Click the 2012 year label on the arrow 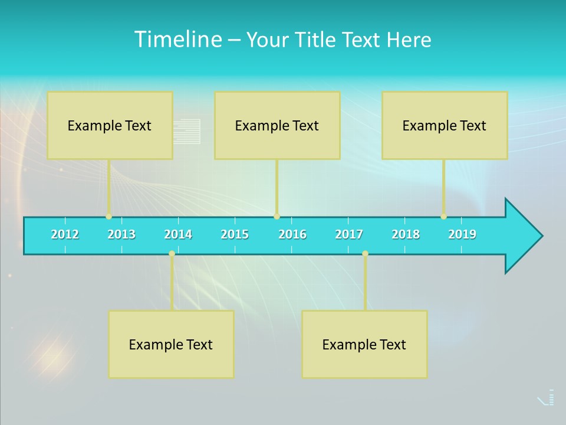coord(65,234)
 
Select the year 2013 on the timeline coord(121,234)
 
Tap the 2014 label coord(178,234)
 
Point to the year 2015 coord(235,234)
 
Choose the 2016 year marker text coord(292,234)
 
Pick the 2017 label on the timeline coord(349,234)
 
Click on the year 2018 coord(406,234)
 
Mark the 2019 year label coord(462,234)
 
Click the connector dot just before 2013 coord(108,217)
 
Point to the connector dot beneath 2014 coord(172,254)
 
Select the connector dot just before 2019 coord(443,217)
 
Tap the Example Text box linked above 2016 coord(277,125)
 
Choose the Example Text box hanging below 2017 coord(364,344)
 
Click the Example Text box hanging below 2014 coord(171,344)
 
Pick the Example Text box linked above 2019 coord(445,125)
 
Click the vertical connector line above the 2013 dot coord(108,187)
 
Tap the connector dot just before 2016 coord(277,217)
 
